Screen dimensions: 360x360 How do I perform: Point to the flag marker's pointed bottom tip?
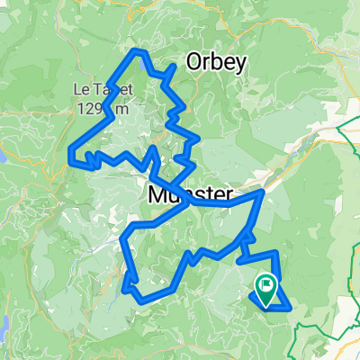coord(266,301)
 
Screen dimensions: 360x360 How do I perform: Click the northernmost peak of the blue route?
coord(139,51)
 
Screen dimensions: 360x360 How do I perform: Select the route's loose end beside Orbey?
coord(174,66)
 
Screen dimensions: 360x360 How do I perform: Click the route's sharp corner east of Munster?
coord(263,192)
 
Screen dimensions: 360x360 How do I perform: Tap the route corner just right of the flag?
coord(291,308)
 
